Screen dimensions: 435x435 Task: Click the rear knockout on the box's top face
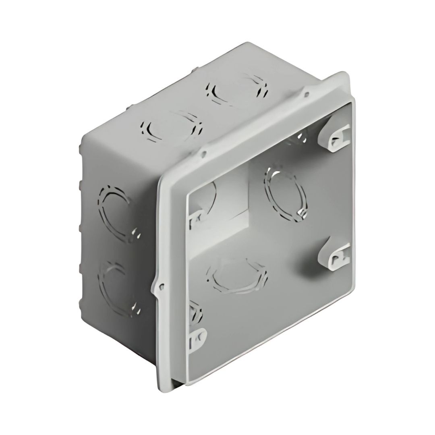pos(237,90)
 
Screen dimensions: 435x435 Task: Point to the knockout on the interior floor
pos(237,277)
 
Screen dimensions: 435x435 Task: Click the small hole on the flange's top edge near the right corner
pos(307,95)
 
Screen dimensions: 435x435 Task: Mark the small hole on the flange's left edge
pos(161,287)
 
